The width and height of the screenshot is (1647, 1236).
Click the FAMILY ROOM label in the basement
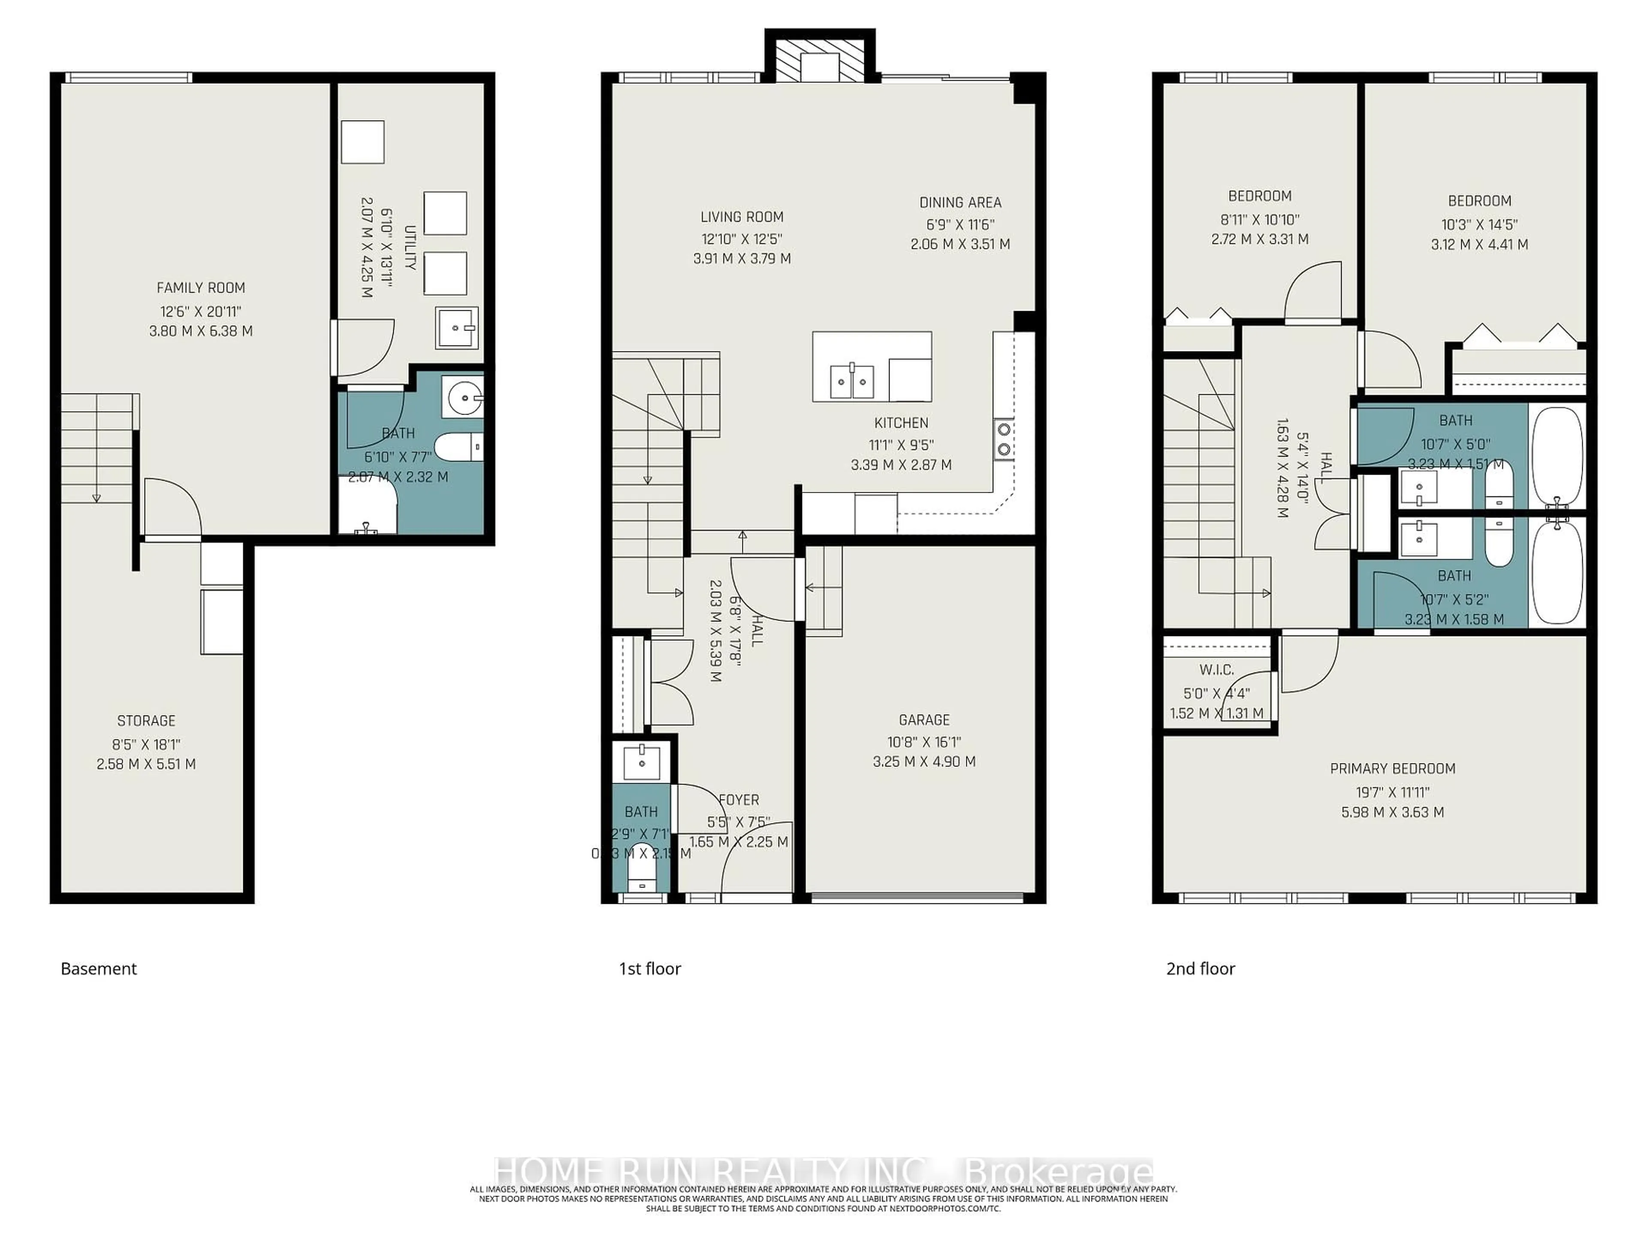pyautogui.click(x=200, y=288)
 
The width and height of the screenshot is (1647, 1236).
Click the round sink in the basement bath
pyautogui.click(x=465, y=398)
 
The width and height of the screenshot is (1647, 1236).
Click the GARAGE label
pyautogui.click(x=924, y=720)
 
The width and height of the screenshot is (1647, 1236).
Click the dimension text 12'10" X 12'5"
pyautogui.click(x=742, y=239)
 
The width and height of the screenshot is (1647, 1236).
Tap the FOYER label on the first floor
pyautogui.click(x=739, y=800)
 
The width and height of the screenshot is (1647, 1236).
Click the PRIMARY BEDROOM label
pyautogui.click(x=1392, y=768)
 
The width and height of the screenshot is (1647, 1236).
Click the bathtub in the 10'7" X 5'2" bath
pyautogui.click(x=1557, y=572)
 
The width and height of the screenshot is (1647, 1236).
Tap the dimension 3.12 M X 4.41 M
pyautogui.click(x=1479, y=244)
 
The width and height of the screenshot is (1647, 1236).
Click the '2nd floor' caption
pyautogui.click(x=1200, y=969)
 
